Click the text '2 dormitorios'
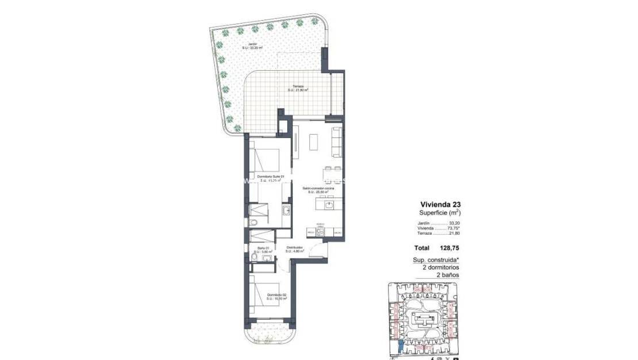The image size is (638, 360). click(x=440, y=267)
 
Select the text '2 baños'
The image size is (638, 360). click(x=449, y=275)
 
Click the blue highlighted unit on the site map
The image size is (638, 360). click(x=400, y=347)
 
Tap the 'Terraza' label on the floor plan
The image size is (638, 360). click(x=298, y=87)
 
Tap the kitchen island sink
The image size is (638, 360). click(x=329, y=204)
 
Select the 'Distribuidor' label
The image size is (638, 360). click(x=294, y=248)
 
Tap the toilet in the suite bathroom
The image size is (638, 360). click(x=253, y=223)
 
